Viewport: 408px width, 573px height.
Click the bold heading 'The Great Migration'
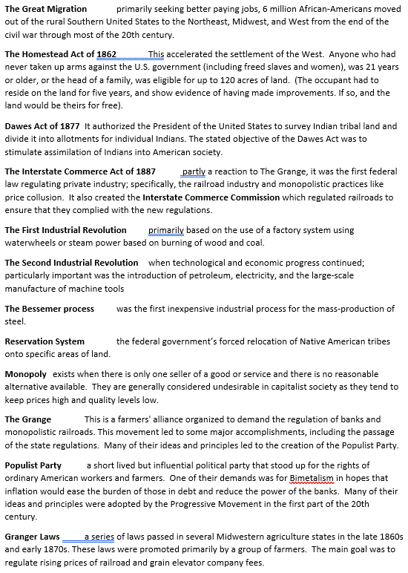click(x=45, y=9)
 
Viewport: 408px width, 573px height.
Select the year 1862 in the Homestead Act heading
click(x=105, y=54)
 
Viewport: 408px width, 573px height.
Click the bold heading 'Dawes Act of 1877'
click(x=42, y=126)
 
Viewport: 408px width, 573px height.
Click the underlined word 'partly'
click(x=193, y=171)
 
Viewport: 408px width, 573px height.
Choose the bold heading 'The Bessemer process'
click(x=49, y=309)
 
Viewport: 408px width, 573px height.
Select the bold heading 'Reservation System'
click(x=45, y=341)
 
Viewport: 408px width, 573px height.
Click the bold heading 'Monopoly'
click(x=25, y=374)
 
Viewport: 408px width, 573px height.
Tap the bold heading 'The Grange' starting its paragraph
click(x=27, y=419)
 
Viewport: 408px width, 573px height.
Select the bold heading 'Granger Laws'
click(x=32, y=537)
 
